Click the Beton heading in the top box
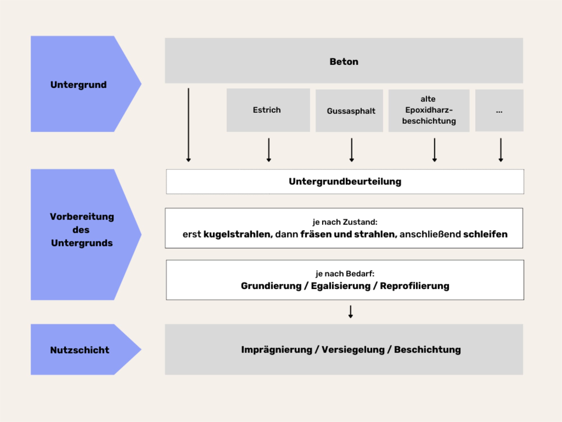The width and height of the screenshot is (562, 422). point(344,62)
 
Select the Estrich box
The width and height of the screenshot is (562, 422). point(268,110)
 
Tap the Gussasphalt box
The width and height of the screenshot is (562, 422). point(349,111)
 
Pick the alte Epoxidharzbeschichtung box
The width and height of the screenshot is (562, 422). point(429,110)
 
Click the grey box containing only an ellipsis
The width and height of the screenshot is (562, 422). point(499,111)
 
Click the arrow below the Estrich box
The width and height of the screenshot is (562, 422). point(269,150)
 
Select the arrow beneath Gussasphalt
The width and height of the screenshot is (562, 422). point(352,150)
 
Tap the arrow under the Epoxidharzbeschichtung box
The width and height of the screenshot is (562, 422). point(434,150)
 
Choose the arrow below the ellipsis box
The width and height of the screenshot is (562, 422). point(501,150)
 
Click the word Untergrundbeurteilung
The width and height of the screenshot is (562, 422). point(345,181)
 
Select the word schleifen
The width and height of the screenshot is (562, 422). point(485,234)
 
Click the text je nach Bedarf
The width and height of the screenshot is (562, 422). point(345,273)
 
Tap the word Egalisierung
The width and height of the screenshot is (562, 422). point(341,286)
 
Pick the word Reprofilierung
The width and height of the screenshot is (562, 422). point(414,286)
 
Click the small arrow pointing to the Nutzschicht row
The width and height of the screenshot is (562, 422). point(350,312)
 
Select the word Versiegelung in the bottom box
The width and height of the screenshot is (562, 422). point(353,350)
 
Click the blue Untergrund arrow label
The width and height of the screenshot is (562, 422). point(78,85)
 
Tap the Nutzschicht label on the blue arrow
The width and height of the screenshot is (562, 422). point(80,350)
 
